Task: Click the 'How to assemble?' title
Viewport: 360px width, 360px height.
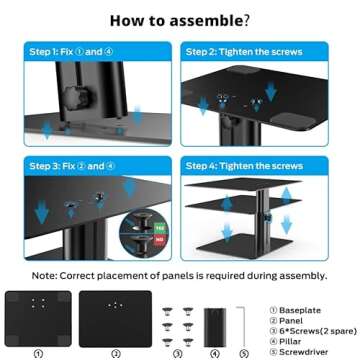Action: [x=180, y=19]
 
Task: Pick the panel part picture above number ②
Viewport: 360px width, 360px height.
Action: [x=115, y=317]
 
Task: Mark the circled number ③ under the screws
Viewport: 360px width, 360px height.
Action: [x=177, y=353]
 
